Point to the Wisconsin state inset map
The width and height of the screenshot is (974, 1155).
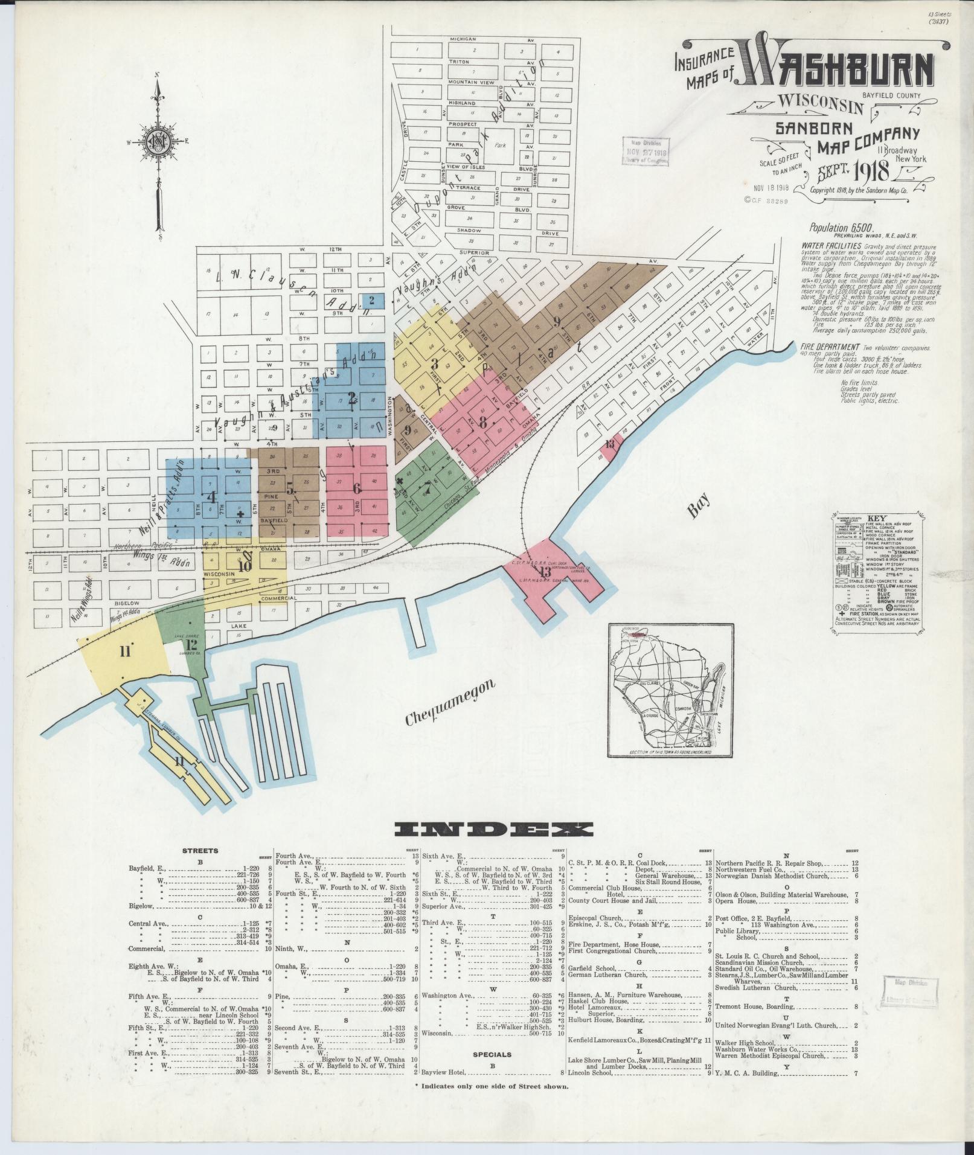tap(661, 690)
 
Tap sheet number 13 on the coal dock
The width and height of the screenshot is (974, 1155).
tap(545, 571)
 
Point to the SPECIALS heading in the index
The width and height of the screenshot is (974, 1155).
tap(493, 1054)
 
